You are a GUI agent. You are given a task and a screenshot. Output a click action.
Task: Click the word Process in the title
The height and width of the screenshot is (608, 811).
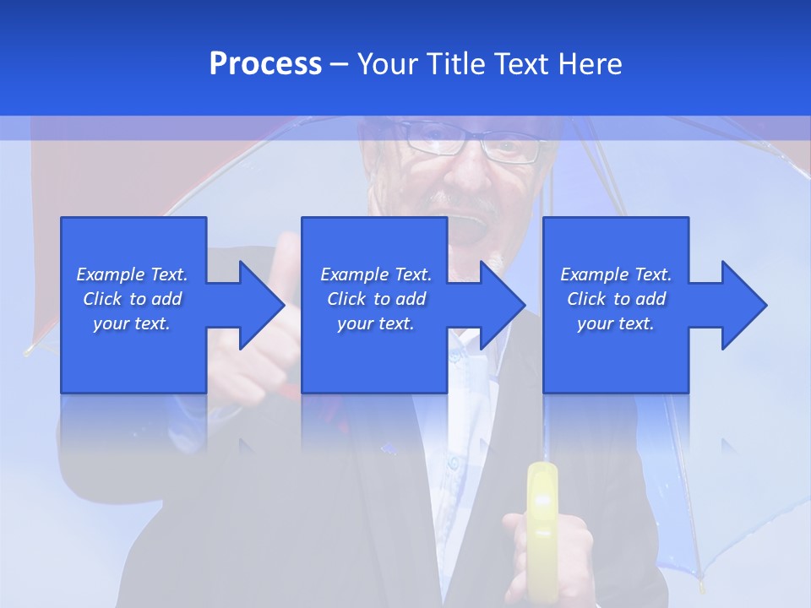[x=265, y=64]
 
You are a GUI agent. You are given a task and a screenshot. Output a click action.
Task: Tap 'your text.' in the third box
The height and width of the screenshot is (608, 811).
[x=615, y=323]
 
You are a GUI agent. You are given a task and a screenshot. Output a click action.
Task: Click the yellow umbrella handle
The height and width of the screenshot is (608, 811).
[x=541, y=515]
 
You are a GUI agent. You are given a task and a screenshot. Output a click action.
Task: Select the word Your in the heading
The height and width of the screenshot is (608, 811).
[x=387, y=64]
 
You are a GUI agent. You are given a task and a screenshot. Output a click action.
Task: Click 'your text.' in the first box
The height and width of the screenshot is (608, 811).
[x=132, y=323]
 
